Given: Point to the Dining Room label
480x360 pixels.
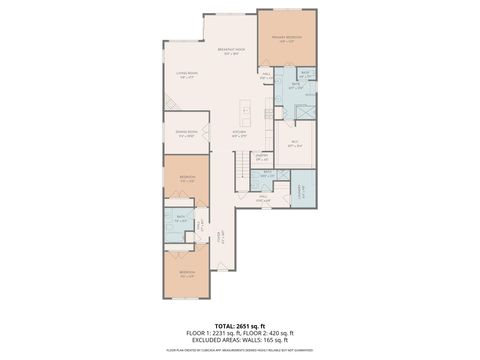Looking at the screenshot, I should click(186, 133).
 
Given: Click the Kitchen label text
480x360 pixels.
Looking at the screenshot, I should click(239, 133).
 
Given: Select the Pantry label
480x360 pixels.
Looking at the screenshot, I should click(263, 156).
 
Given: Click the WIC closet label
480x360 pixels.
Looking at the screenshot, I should click(295, 143).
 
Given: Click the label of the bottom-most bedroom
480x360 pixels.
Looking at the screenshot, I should click(187, 273).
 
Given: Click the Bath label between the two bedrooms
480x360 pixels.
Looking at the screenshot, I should click(181, 219).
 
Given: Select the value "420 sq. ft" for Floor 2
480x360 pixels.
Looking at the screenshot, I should click(280, 333).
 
